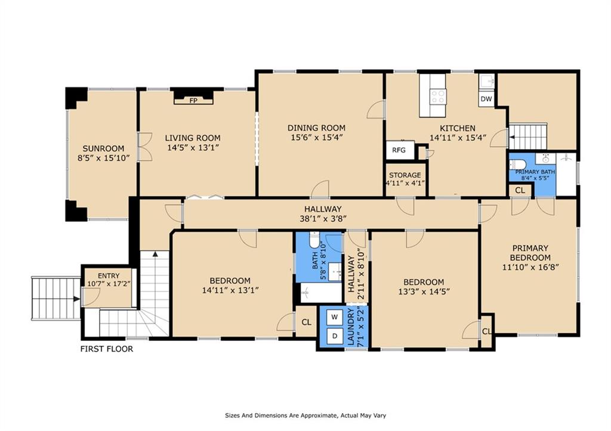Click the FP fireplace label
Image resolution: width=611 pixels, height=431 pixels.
[x=193, y=101]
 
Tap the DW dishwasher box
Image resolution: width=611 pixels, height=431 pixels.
[x=486, y=99]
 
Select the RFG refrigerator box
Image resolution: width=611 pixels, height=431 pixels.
[x=399, y=150]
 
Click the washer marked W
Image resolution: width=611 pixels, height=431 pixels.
[x=334, y=317]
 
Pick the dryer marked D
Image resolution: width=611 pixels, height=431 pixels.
[x=334, y=336]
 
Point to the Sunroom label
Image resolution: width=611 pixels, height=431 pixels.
[x=103, y=148]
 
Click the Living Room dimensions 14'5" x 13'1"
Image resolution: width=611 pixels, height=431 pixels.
[x=193, y=148]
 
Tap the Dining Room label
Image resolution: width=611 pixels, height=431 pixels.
[x=316, y=128]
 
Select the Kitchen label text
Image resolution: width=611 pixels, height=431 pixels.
[x=458, y=128]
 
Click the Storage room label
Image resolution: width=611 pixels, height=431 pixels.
[x=405, y=175]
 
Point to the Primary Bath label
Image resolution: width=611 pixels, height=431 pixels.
[x=535, y=172]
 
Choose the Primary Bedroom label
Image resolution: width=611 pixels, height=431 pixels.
[x=530, y=253]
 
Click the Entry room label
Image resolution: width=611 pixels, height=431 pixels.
[x=109, y=276]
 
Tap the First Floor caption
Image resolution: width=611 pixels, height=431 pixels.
[x=107, y=349]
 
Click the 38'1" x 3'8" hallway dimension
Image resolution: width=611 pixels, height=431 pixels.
[x=323, y=218]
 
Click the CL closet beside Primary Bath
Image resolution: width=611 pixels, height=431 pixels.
[x=520, y=190]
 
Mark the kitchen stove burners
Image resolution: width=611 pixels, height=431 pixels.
[x=437, y=96]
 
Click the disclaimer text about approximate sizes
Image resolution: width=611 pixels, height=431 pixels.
[x=305, y=416]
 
